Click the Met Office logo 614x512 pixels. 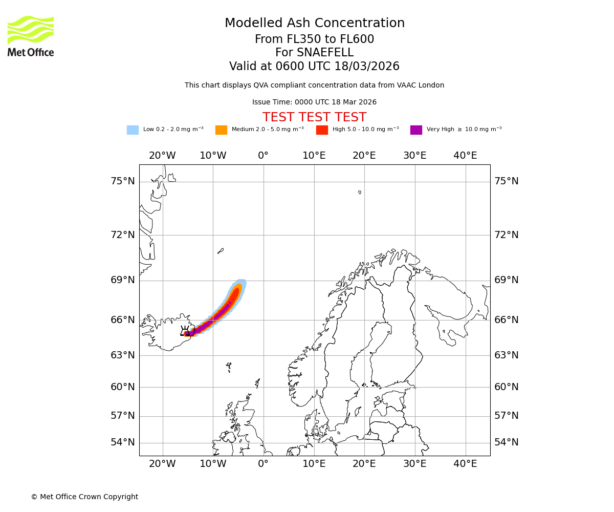coord(31,36)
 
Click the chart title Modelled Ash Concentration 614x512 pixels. coord(314,24)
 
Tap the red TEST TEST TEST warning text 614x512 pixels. coord(314,117)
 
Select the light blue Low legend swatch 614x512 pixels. coord(133,130)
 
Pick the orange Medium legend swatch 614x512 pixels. coord(221,130)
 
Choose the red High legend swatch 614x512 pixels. coord(322,130)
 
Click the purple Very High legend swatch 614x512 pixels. coord(416,130)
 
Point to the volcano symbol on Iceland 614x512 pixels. coord(185,331)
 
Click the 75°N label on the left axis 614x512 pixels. coord(123,181)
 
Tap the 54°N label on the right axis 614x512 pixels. coord(506,442)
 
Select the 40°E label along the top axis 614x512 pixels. coord(465,156)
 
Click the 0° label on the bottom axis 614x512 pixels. coord(263,464)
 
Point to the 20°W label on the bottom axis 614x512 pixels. coord(162,464)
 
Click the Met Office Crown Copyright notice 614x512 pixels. coord(84,497)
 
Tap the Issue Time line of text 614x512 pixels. coord(314,102)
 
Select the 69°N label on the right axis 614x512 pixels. coord(506,280)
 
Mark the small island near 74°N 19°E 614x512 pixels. coord(360,193)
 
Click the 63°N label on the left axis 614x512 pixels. coord(123,355)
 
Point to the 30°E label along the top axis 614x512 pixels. coord(414,156)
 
